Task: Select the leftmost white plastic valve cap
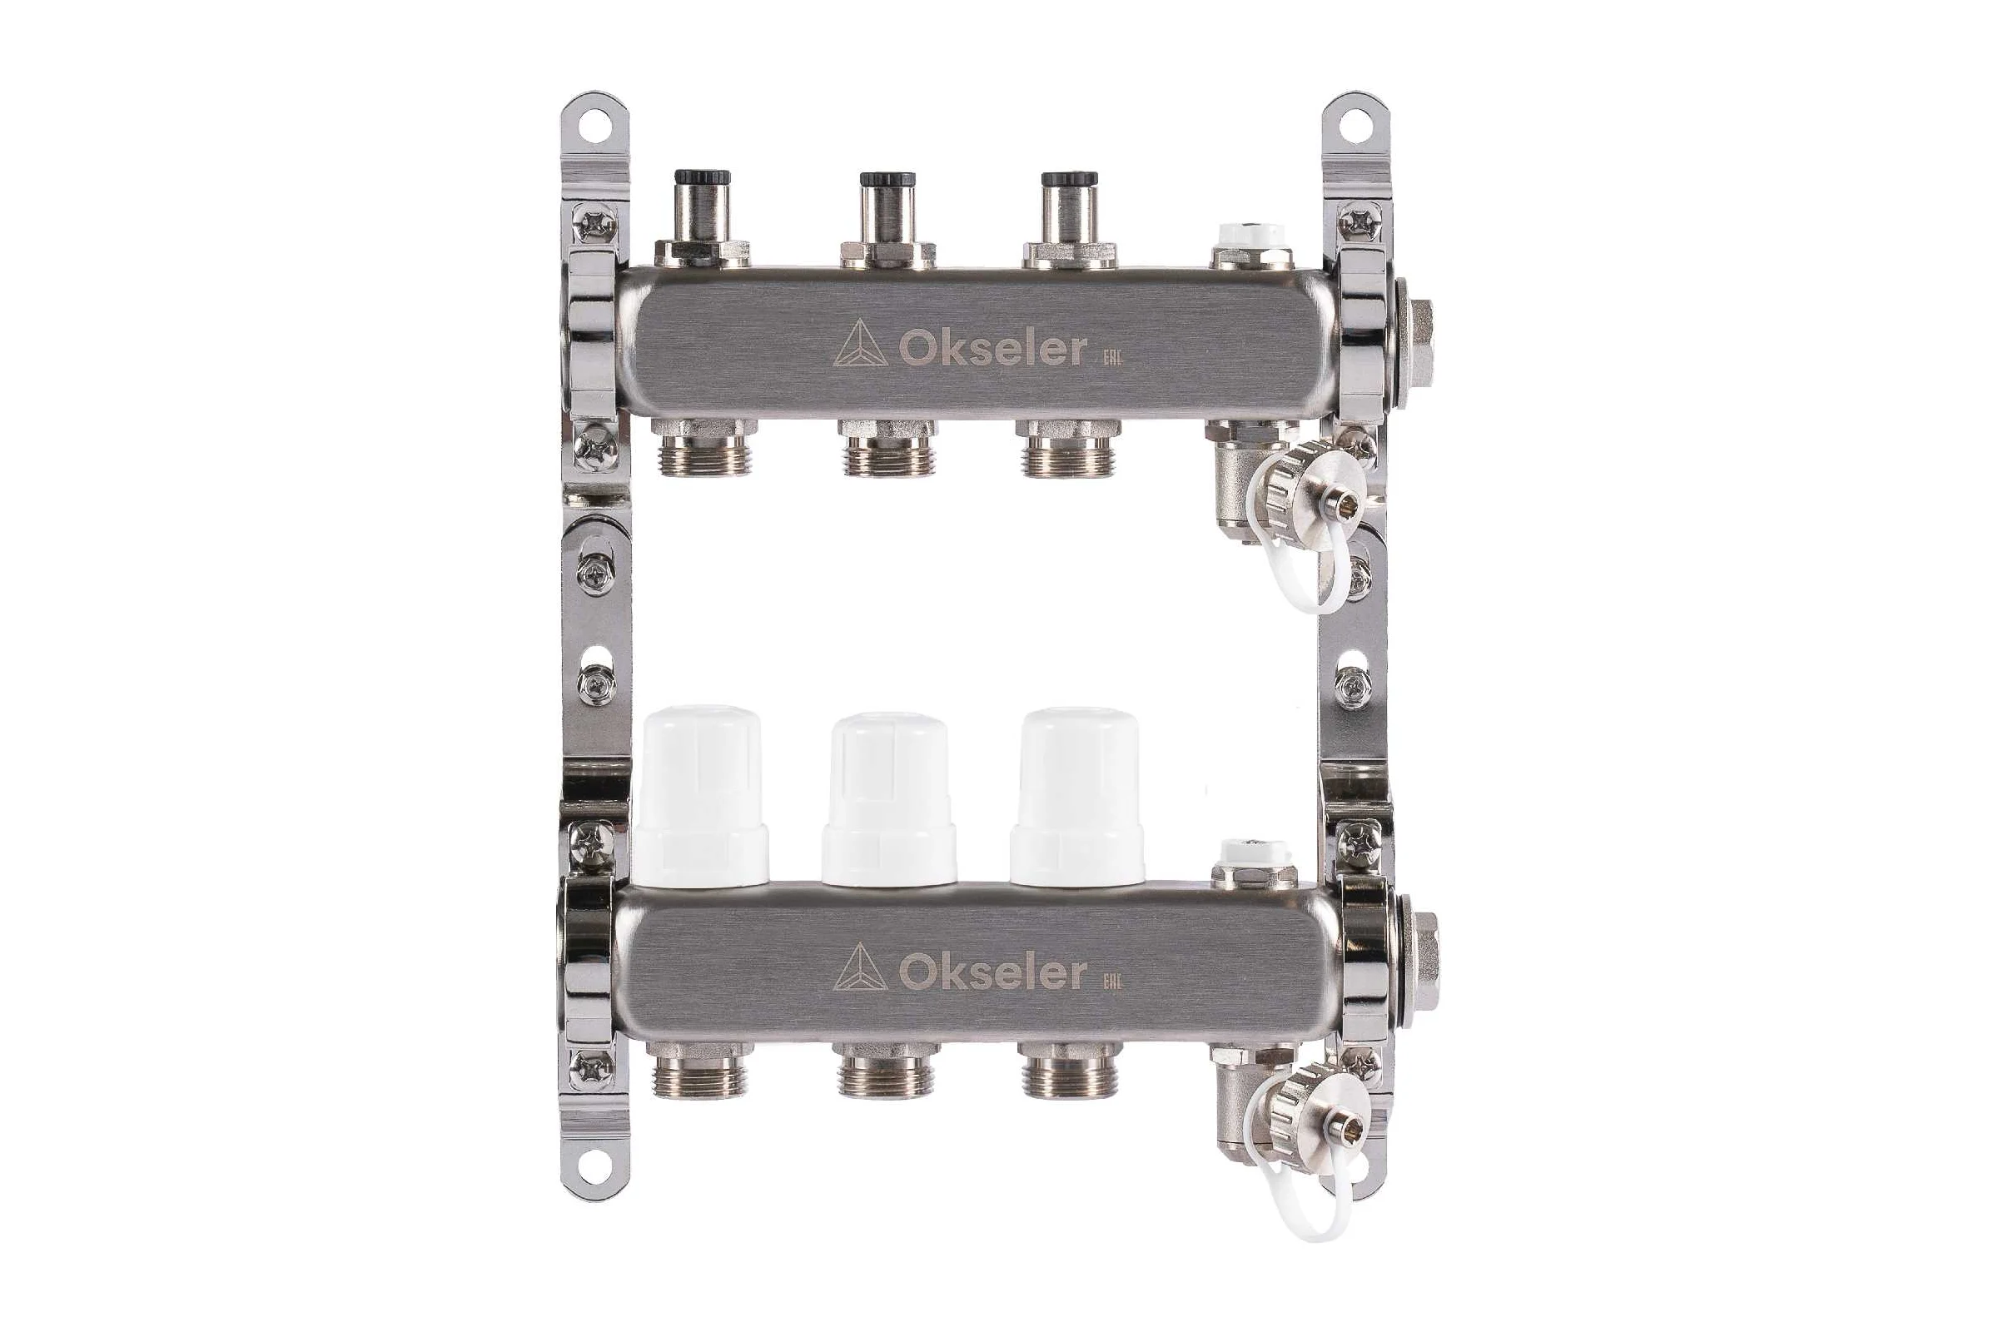[x=701, y=795]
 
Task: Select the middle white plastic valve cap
[x=888, y=799]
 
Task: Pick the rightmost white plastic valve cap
[x=1077, y=795]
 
